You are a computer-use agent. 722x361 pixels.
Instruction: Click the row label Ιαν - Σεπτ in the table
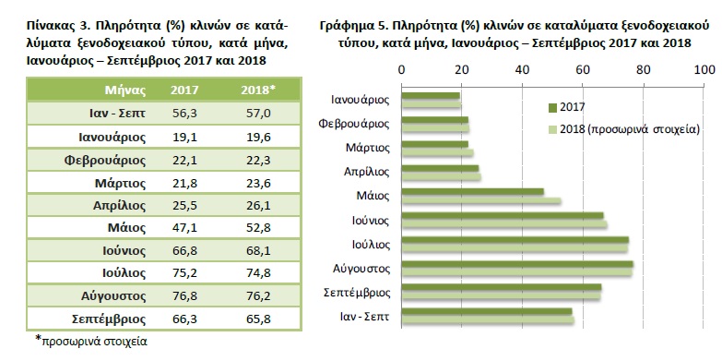pos(115,113)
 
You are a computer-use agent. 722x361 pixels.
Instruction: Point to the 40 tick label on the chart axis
pos(522,69)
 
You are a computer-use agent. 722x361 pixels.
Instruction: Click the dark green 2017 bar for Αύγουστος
pos(516,264)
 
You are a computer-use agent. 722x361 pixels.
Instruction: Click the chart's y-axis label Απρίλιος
pos(365,172)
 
